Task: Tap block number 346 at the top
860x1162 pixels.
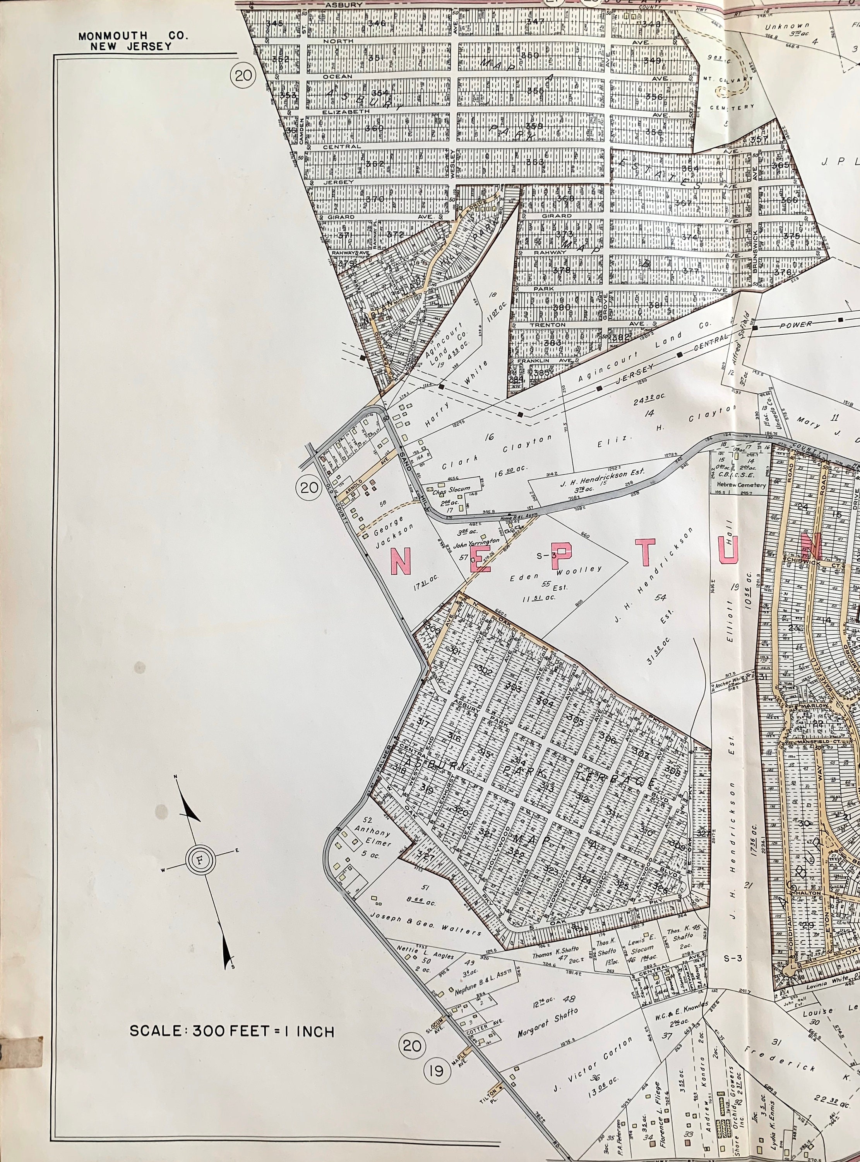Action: click(376, 23)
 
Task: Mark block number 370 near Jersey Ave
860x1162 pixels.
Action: click(374, 199)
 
